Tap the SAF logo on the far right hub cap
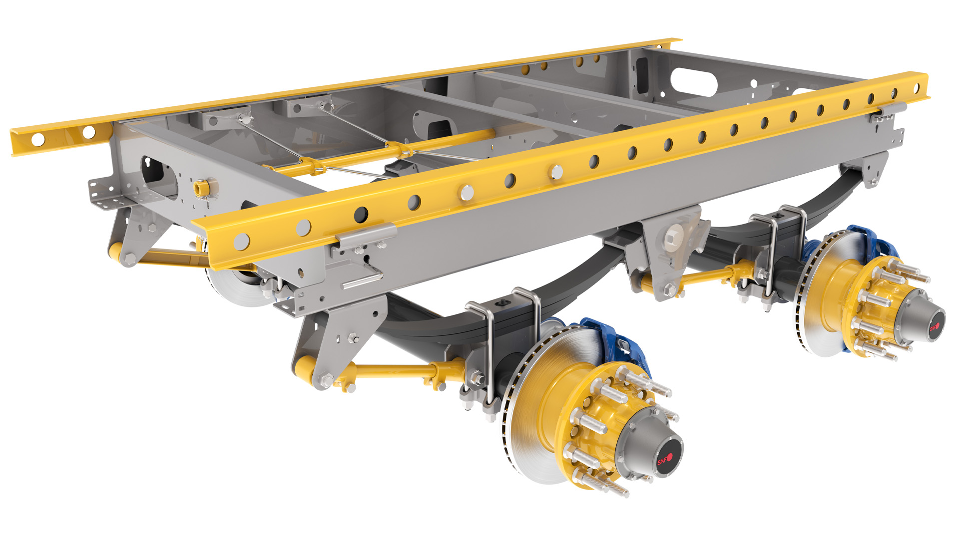[934, 327]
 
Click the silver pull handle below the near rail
[362, 279]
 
